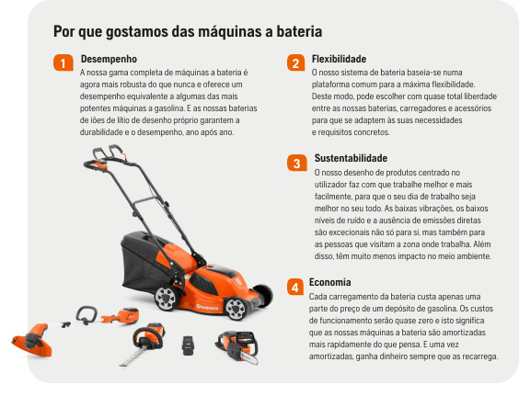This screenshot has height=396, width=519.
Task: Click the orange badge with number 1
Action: coord(62,63)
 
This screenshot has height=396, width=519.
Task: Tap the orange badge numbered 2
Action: coord(294,63)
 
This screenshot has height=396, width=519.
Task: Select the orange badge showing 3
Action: coord(295,164)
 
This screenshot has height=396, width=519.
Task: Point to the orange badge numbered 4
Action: coord(295,288)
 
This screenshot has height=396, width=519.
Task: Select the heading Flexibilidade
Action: coord(339,58)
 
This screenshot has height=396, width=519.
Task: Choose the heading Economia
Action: coord(329,282)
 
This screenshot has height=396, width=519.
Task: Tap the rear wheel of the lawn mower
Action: coord(166,297)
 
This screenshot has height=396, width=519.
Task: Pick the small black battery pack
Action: coord(187,345)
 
